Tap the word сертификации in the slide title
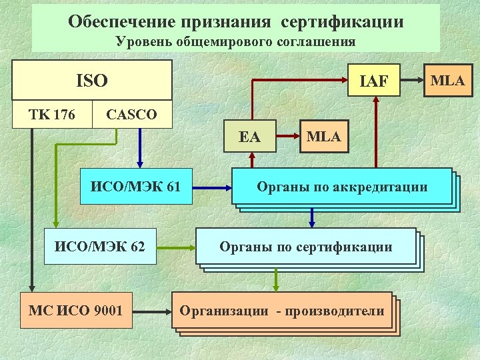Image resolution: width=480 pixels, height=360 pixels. [342, 21]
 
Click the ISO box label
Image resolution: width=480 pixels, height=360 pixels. [92, 81]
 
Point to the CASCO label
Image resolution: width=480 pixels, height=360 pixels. [132, 115]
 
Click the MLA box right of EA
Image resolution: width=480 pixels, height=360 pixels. [323, 137]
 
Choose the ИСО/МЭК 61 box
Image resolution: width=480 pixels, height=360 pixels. [136, 186]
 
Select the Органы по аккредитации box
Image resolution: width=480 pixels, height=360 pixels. [342, 187]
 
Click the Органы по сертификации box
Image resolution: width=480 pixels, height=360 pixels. [306, 247]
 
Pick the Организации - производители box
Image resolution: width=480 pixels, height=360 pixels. [282, 311]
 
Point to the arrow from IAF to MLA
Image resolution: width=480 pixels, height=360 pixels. [412, 81]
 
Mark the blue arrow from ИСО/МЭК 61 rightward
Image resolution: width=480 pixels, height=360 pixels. [211, 186]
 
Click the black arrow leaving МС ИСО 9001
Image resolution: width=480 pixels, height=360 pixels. [152, 310]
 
